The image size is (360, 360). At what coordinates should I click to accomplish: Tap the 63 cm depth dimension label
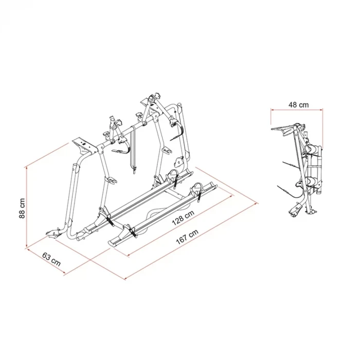click(51, 259)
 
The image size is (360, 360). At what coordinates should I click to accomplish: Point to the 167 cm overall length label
click(187, 237)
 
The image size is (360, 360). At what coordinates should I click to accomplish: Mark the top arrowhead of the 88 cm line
click(27, 168)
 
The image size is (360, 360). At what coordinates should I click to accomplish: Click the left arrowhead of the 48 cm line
click(273, 110)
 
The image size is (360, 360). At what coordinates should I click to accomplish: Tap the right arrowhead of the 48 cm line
click(321, 110)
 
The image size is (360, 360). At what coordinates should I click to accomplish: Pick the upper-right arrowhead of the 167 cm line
click(256, 203)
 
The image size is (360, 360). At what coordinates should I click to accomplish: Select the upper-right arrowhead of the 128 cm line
click(231, 196)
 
